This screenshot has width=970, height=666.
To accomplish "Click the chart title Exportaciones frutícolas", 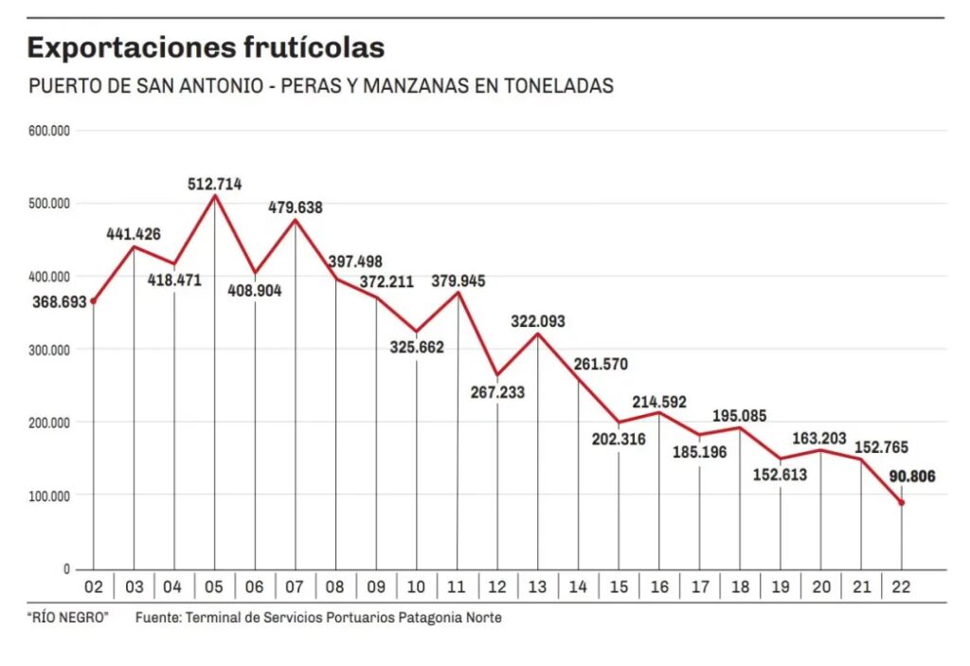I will point(206,47).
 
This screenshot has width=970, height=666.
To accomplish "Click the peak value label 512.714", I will point(215,184).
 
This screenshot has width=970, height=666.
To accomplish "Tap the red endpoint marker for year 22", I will point(902,503).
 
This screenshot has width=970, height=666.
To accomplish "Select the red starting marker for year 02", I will point(93,301).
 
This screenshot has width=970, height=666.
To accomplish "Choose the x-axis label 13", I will point(538,587).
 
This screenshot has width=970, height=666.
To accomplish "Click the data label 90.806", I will point(911,477).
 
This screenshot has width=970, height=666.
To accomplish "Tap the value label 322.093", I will point(537,322).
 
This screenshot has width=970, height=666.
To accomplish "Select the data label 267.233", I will point(497,392).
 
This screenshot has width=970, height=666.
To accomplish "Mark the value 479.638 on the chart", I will point(296,207).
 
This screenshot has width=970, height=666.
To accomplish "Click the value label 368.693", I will point(58,301).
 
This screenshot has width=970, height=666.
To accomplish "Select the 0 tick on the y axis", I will point(66,568).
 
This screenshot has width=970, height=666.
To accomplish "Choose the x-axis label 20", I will point(820,587).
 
